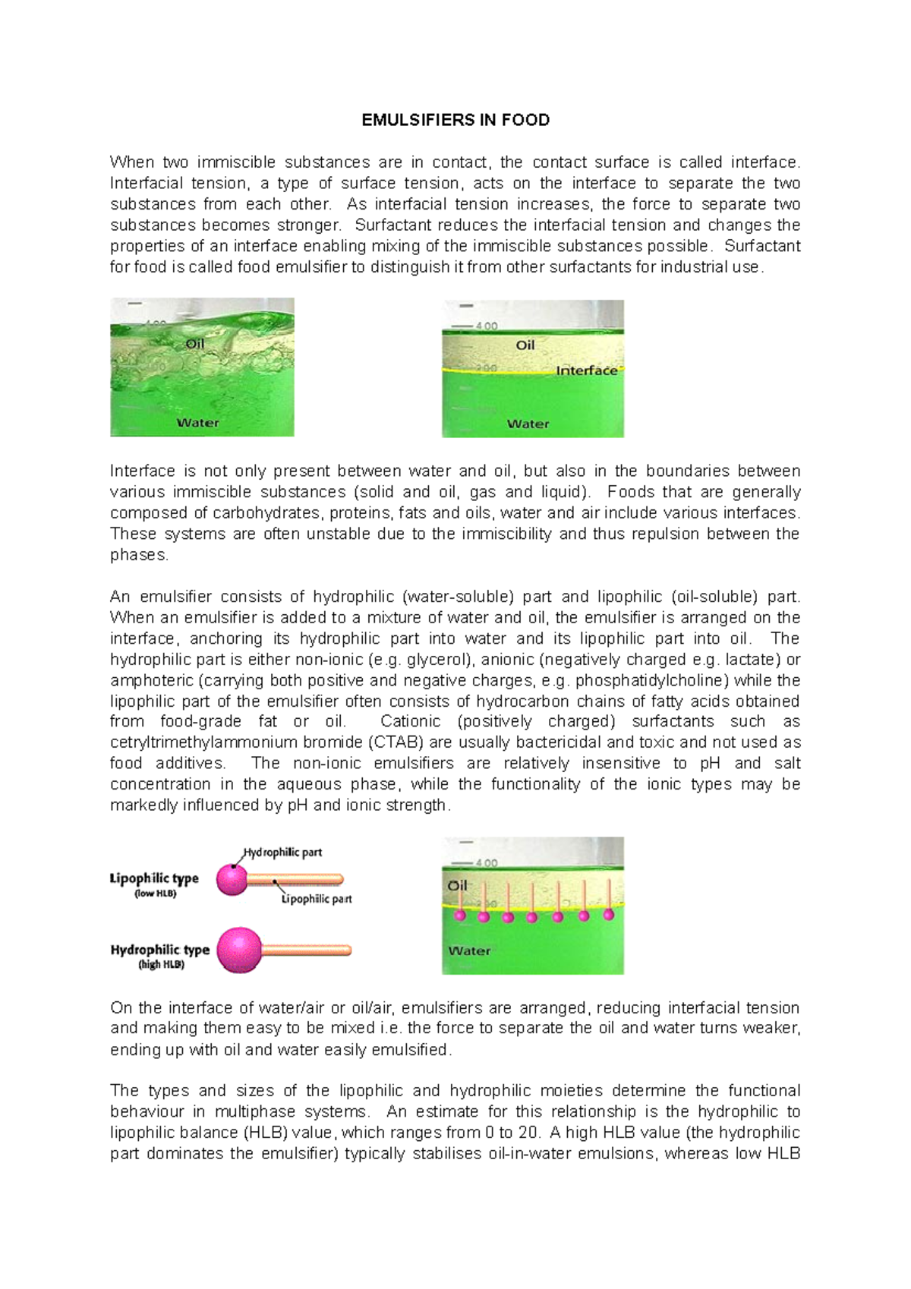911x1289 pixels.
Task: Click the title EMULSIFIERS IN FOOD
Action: (x=455, y=120)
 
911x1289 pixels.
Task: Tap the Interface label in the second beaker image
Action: (x=586, y=370)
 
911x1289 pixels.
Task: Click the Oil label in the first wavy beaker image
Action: (x=195, y=344)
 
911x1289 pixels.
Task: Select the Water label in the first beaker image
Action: (x=197, y=423)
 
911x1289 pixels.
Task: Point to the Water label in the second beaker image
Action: (x=528, y=424)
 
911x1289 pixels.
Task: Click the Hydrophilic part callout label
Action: (x=282, y=853)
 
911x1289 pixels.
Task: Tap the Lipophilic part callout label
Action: (x=317, y=899)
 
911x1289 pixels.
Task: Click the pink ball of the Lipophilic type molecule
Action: (x=232, y=880)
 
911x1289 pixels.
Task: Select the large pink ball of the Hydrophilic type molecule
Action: (x=239, y=950)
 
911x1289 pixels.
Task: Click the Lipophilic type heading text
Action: (x=154, y=878)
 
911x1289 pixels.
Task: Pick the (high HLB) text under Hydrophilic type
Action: (x=161, y=965)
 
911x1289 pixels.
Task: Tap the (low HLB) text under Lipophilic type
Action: (x=156, y=893)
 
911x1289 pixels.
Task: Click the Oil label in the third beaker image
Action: (x=457, y=886)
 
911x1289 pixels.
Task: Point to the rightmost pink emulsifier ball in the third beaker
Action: (x=608, y=915)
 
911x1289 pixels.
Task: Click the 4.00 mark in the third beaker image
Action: (x=486, y=863)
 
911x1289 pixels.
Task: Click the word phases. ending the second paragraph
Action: (x=139, y=555)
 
